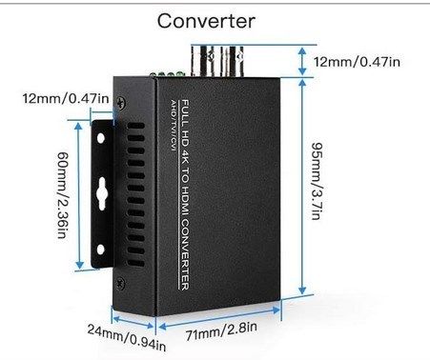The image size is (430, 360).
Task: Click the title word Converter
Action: point(206,21)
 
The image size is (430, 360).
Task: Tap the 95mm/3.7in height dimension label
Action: point(317,181)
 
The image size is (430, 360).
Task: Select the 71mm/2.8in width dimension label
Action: point(221,331)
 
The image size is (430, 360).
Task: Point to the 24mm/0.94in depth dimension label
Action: point(127,337)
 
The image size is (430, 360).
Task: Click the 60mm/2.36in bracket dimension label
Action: point(62,194)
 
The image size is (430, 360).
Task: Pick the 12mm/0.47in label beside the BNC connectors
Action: point(357,61)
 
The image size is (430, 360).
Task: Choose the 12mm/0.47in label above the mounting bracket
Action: point(66,98)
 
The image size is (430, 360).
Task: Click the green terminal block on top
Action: point(169,74)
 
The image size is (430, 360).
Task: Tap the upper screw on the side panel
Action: point(120,103)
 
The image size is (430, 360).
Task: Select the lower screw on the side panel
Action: point(120,283)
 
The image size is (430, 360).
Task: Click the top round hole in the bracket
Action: point(101,138)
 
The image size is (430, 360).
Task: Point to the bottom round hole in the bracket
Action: point(101,250)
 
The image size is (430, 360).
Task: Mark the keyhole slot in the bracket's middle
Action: point(102,193)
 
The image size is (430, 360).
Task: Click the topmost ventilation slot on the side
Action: point(136,126)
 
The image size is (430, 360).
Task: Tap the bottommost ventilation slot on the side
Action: point(136,264)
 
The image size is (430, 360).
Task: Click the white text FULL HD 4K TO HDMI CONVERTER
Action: point(185,195)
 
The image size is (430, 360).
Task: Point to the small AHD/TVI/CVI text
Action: point(174,125)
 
